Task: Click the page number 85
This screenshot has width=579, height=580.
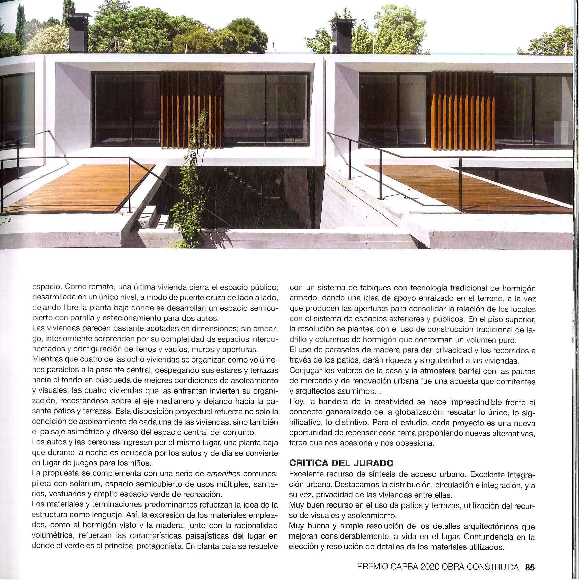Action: tap(530, 567)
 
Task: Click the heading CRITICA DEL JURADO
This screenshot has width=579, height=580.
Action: tap(341, 463)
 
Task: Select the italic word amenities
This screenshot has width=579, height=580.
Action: tap(223, 473)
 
